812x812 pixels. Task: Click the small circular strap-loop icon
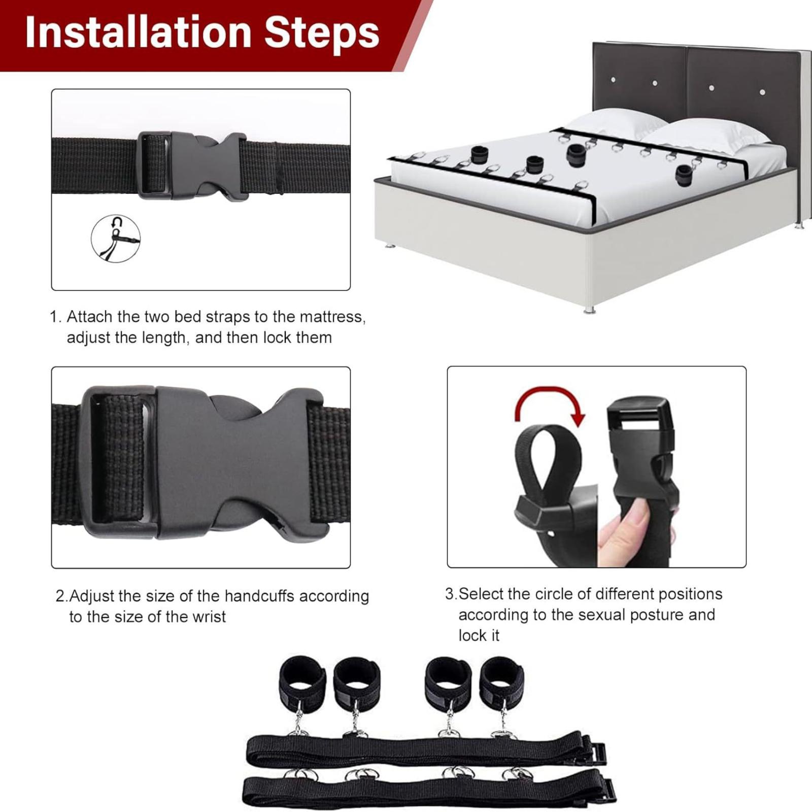116,238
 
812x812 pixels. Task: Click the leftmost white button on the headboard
613,80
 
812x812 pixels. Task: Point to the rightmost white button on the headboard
762,92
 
